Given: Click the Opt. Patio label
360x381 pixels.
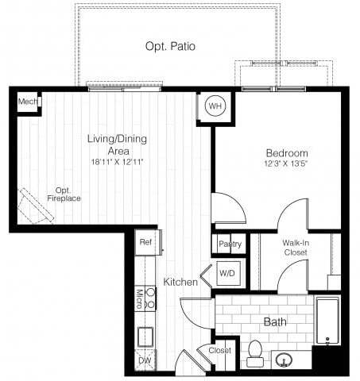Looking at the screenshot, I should point(170,47).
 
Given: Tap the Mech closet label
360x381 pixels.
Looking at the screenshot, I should point(27,102).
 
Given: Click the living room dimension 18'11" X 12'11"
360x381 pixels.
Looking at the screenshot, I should point(117,162).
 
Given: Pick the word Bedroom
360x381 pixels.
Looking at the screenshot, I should point(287,153).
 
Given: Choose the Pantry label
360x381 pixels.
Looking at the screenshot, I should point(229,244).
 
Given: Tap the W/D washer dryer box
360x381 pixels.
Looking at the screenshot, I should point(227,274).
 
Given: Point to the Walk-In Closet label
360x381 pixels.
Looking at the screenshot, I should point(295,247).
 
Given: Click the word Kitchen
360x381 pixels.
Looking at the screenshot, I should point(180,282).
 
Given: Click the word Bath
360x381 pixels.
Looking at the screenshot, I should point(275,322).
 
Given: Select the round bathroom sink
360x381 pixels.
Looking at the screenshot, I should point(284,359).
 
